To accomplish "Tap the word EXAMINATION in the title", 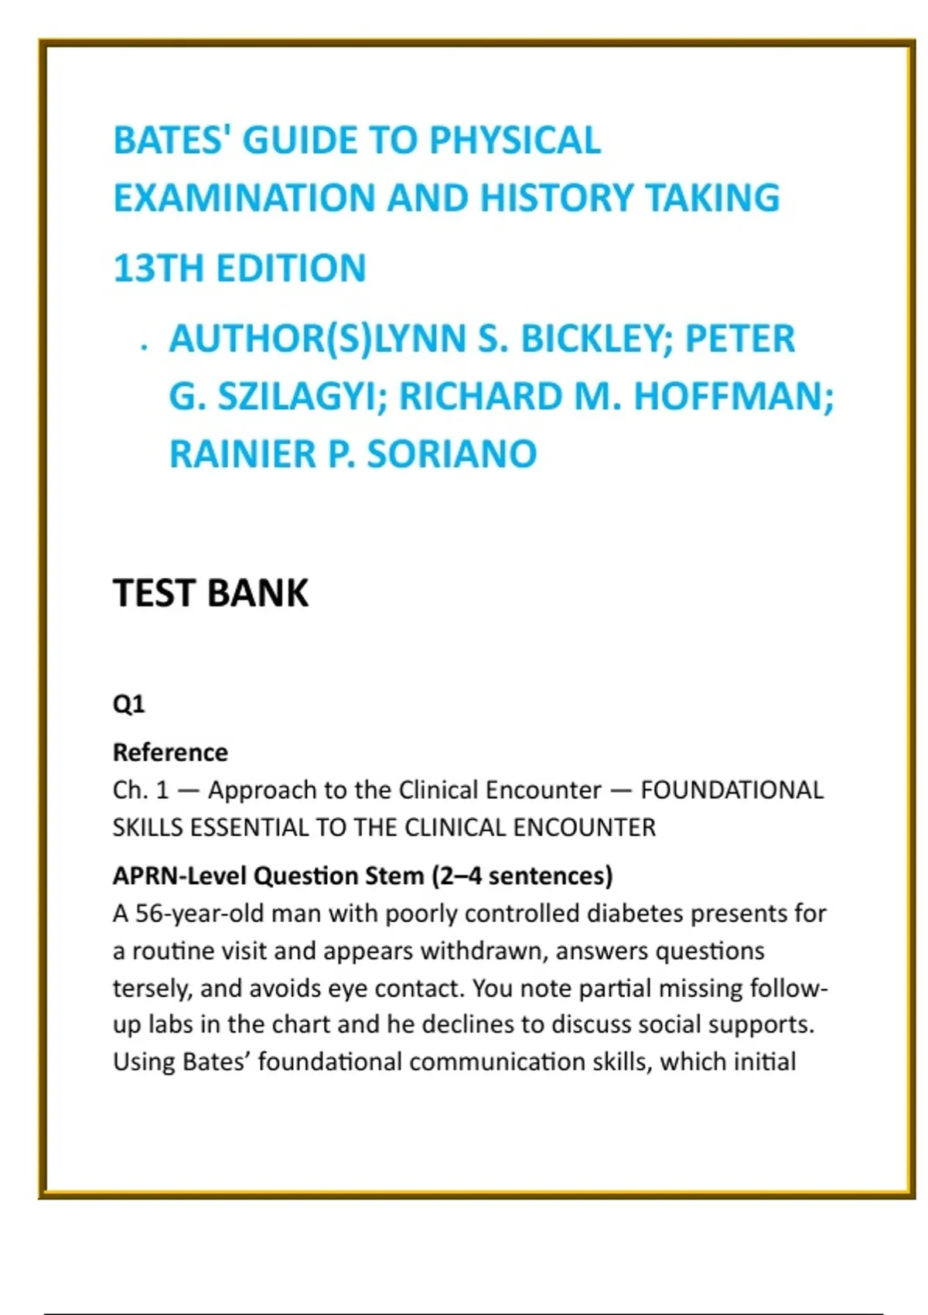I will point(243,198).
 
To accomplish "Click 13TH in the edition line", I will point(159,269).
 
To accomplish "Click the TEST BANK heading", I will point(210,593).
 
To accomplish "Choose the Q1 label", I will point(128,704).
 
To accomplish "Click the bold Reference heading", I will point(170,752).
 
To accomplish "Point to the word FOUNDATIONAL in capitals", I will point(732,790).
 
